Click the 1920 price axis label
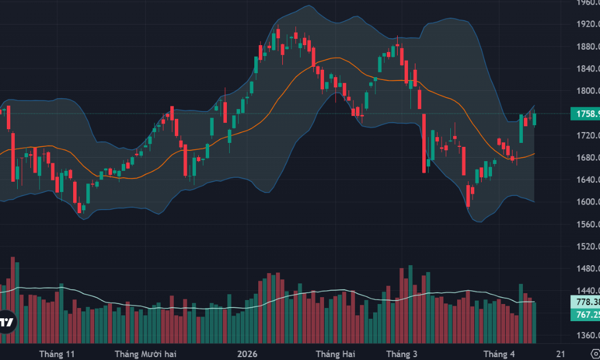(x=587, y=25)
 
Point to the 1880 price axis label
(x=587, y=47)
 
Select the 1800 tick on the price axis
(x=587, y=91)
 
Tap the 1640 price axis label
(x=587, y=179)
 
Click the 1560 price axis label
(x=587, y=225)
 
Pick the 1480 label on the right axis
(x=587, y=269)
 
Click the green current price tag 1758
(x=585, y=114)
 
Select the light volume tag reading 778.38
(x=585, y=302)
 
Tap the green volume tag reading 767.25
(x=585, y=315)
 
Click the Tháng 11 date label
(x=57, y=354)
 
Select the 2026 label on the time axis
(x=247, y=354)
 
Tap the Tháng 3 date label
(x=402, y=354)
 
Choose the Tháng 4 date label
(x=498, y=354)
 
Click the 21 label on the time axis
(x=561, y=354)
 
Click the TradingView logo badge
(x=7, y=322)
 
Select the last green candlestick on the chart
(x=535, y=119)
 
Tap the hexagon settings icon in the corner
(x=595, y=354)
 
